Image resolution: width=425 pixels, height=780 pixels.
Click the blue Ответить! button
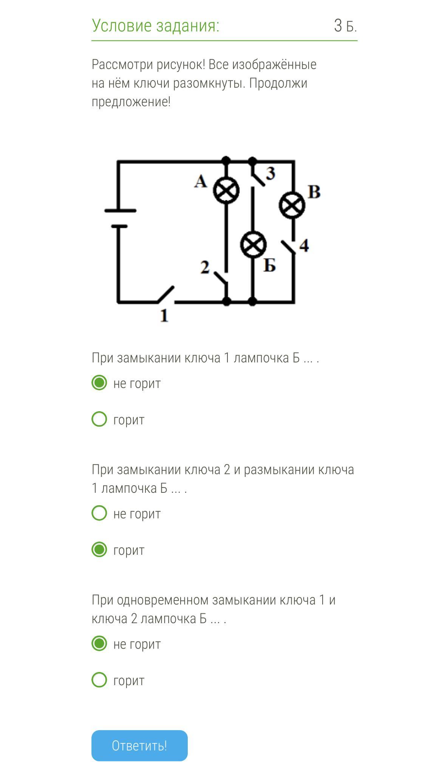[139, 745]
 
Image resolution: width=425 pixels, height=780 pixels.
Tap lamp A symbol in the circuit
[226, 190]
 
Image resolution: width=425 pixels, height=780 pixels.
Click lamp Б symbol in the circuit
[253, 245]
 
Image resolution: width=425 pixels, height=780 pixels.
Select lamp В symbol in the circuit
[292, 205]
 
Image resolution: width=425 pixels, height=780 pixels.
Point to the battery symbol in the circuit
[120, 218]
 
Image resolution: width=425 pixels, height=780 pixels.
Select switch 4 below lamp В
[288, 247]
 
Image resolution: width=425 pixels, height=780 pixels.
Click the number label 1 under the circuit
[164, 315]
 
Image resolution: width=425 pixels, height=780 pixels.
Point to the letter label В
[314, 192]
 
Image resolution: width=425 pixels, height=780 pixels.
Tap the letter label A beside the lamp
[201, 181]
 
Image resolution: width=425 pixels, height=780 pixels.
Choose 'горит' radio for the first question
[99, 419]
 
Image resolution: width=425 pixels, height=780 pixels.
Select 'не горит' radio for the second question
[99, 513]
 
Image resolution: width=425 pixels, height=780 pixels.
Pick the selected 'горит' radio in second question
[99, 549]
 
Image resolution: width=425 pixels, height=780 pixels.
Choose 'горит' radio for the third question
[99, 680]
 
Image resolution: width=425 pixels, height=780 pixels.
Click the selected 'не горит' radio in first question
[99, 383]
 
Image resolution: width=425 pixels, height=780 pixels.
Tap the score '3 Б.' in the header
[345, 26]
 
